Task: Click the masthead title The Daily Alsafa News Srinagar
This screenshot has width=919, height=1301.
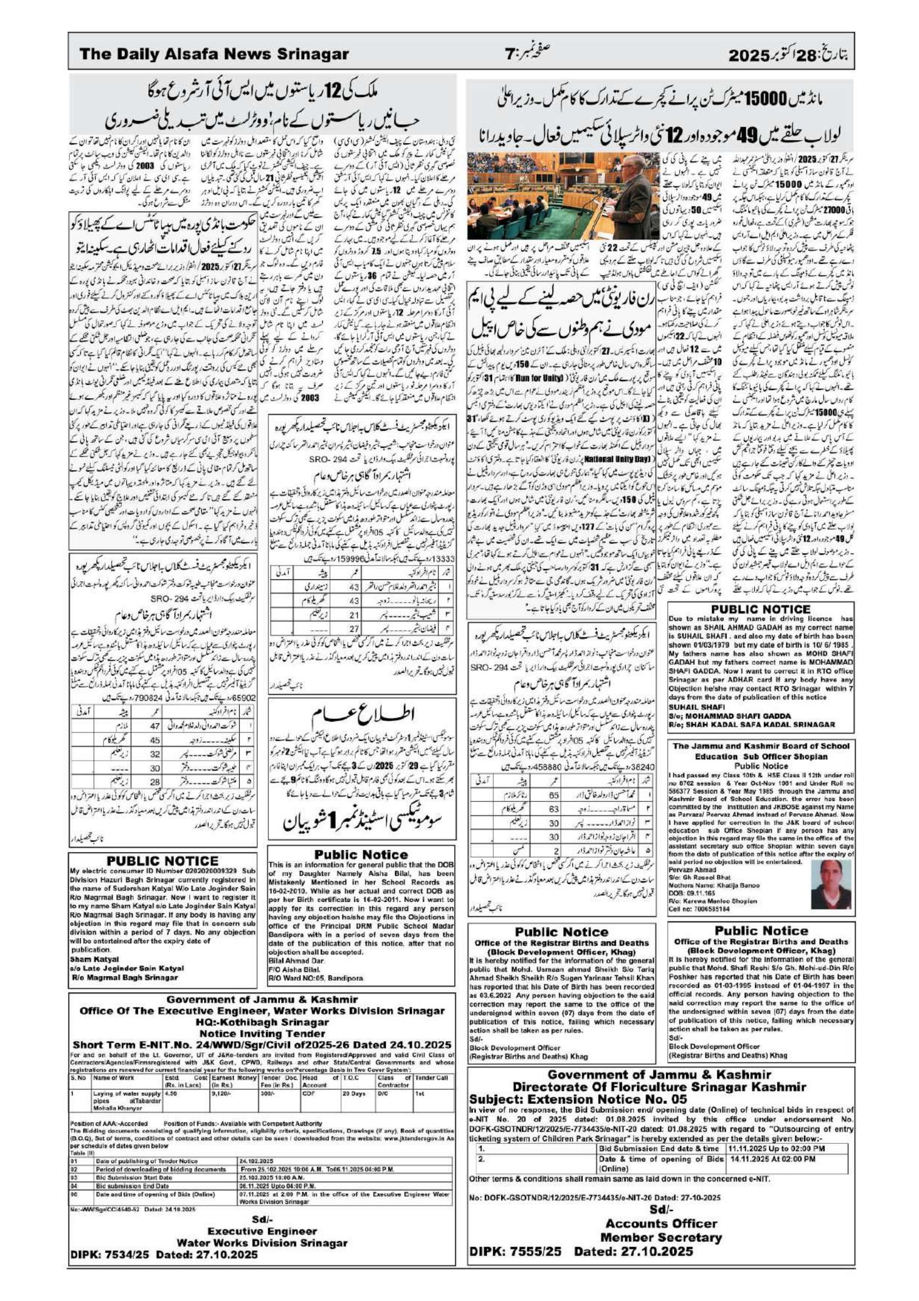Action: click(214, 55)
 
